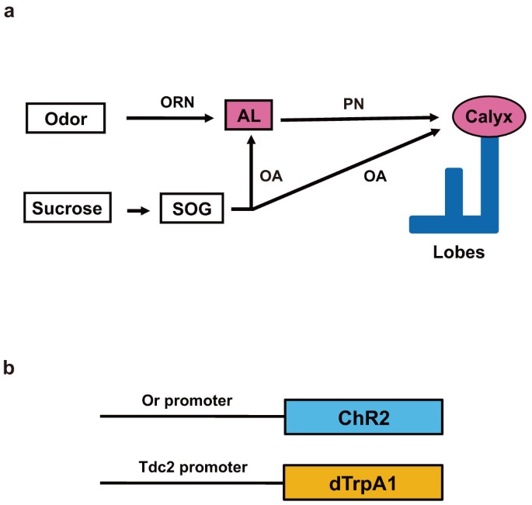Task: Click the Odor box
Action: point(66,119)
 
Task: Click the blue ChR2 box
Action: point(363,417)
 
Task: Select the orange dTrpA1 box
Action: point(363,482)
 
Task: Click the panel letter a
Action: point(9,12)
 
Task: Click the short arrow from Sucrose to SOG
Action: point(136,209)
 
